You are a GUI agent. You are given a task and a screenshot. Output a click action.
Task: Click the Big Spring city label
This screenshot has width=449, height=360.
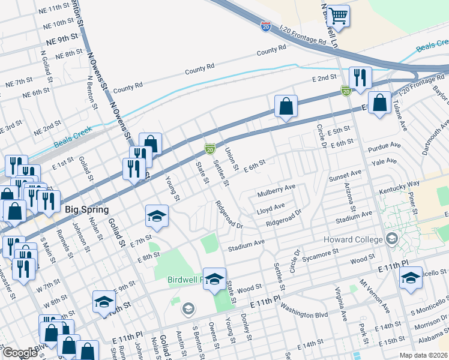point(85,210)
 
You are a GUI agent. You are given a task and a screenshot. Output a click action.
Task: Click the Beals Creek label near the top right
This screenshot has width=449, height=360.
point(432,46)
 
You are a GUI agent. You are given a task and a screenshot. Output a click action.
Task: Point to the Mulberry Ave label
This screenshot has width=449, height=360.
point(277,191)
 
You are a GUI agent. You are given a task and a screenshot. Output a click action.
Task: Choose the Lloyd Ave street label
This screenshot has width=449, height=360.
point(271,208)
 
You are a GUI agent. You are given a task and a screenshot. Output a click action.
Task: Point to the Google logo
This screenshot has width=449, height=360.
point(20,352)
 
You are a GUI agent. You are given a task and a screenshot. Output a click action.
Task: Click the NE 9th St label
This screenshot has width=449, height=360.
point(62,37)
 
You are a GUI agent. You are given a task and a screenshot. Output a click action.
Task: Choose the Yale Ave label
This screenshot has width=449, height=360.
point(384,161)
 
